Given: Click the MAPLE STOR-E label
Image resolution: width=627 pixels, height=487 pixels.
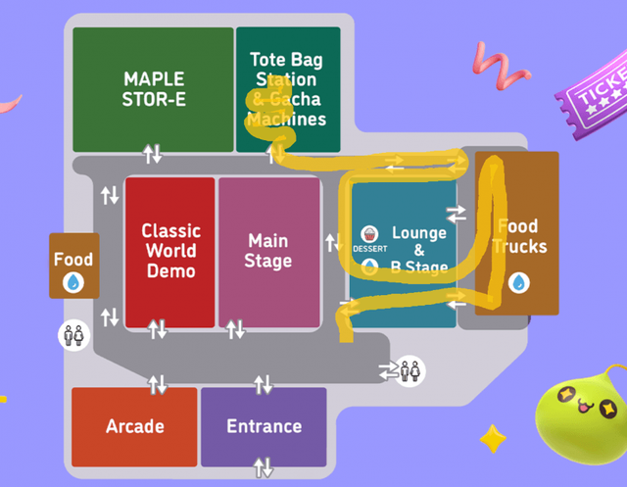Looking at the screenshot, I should click(154, 88).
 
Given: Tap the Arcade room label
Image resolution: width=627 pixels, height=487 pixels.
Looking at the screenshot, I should click(135, 426).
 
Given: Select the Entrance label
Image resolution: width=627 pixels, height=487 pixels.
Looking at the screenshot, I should click(264, 426).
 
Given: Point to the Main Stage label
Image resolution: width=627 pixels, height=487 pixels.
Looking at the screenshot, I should click(268, 251).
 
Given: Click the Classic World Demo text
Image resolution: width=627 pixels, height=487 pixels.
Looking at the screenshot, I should click(170, 251).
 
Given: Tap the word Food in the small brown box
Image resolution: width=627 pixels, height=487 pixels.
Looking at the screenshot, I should click(73, 260).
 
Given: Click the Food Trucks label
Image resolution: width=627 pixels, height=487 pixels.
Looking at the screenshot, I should click(517, 236).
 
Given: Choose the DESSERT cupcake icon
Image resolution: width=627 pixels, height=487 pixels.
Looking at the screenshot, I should click(369, 234).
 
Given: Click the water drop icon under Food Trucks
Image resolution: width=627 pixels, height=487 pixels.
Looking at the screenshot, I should click(517, 282).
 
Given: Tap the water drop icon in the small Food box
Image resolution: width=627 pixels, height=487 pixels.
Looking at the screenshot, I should click(73, 283).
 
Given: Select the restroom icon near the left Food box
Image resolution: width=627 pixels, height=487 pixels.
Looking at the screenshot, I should click(72, 334).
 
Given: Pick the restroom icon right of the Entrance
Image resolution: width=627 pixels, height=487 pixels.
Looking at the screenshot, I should click(411, 371).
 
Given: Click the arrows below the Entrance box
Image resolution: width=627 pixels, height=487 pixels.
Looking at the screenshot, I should click(263, 467).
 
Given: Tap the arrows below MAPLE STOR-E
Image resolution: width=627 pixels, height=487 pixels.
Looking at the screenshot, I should click(153, 154).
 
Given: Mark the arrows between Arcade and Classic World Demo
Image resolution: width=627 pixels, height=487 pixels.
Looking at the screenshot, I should click(158, 384).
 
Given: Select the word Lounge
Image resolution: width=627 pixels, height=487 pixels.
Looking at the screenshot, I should click(419, 233).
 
